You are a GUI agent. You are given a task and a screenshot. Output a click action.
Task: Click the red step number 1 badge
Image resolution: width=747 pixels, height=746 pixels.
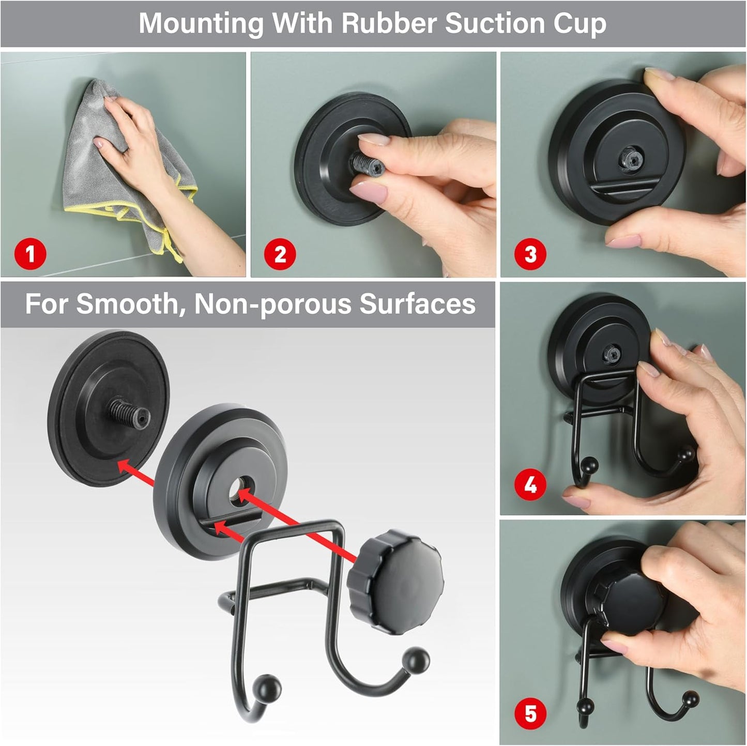(x=30, y=254)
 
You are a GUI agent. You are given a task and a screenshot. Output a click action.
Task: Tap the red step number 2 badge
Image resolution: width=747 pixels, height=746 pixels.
(x=280, y=254)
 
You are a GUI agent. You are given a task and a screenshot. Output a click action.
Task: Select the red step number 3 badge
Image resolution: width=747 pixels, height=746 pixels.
(x=530, y=254)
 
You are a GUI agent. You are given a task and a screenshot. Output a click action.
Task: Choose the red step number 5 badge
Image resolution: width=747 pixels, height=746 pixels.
(x=530, y=714)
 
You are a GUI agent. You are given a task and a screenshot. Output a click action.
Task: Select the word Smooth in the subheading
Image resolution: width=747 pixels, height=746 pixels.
(x=128, y=304)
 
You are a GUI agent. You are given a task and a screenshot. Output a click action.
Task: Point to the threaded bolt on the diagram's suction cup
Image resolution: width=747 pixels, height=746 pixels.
(x=129, y=410)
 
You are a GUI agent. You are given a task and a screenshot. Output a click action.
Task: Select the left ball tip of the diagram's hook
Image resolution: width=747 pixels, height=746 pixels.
(x=270, y=688)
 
